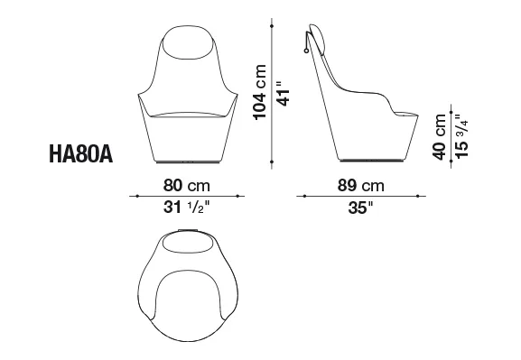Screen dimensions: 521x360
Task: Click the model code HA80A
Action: coord(81,154)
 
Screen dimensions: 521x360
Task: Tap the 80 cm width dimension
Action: coord(187,185)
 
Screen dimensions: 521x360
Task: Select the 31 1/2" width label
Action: coord(187,208)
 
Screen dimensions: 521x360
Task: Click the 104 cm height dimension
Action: coord(260,92)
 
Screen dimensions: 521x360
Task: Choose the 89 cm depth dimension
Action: coord(361,185)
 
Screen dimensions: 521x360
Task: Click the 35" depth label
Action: coord(361,208)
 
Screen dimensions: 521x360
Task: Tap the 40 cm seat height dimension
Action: coord(439,137)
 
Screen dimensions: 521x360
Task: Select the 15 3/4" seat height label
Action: coord(461,136)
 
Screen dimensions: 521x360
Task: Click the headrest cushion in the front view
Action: coord(188,42)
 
